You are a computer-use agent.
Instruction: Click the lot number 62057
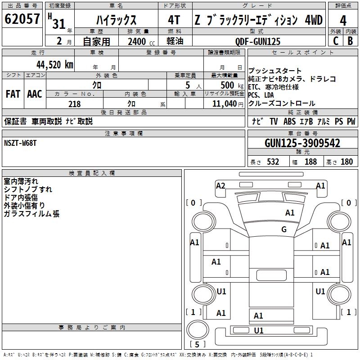click(22, 20)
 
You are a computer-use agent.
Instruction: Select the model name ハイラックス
click(117, 21)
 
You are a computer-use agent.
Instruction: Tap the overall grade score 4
click(343, 21)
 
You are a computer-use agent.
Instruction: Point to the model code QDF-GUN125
click(258, 41)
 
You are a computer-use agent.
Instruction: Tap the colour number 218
click(74, 104)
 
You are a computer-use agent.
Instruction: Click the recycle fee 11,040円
click(227, 104)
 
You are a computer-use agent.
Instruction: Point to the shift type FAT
click(13, 94)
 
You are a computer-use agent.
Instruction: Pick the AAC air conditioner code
click(35, 94)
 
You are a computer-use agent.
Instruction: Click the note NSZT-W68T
click(20, 143)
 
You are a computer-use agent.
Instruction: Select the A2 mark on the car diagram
click(220, 186)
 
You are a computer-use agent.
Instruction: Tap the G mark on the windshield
click(283, 229)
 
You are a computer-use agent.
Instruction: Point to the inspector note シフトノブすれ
click(28, 189)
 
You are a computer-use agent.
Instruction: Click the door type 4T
click(175, 21)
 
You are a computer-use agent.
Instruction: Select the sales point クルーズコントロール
click(282, 103)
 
